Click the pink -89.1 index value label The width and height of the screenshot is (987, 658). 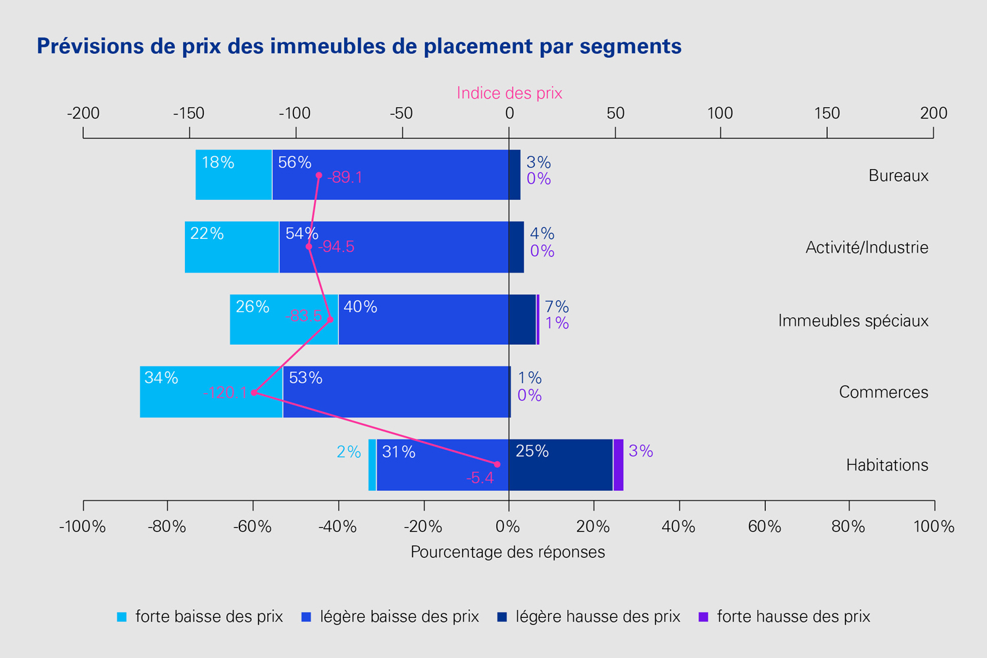click(x=345, y=178)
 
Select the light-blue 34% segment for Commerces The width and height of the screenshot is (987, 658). click(x=211, y=392)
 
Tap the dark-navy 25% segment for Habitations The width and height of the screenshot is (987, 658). click(x=561, y=465)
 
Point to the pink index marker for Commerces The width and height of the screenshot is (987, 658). click(x=254, y=393)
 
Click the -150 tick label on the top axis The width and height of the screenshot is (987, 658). click(x=189, y=113)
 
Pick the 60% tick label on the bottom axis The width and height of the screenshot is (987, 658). click(x=765, y=526)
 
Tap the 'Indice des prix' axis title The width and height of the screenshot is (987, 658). click(x=509, y=93)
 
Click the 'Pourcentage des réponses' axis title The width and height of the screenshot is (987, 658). click(x=508, y=551)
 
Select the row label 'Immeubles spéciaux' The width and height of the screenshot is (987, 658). click(x=853, y=320)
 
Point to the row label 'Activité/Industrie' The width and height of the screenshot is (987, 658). click(x=867, y=247)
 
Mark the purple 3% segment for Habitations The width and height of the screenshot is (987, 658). click(x=619, y=465)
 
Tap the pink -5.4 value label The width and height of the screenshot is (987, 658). click(x=480, y=478)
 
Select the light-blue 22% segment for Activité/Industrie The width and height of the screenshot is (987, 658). click(x=232, y=247)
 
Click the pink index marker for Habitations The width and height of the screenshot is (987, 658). click(x=497, y=465)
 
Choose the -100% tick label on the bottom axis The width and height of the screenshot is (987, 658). click(x=82, y=526)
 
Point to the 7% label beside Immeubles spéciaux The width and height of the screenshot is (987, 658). click(x=557, y=307)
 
